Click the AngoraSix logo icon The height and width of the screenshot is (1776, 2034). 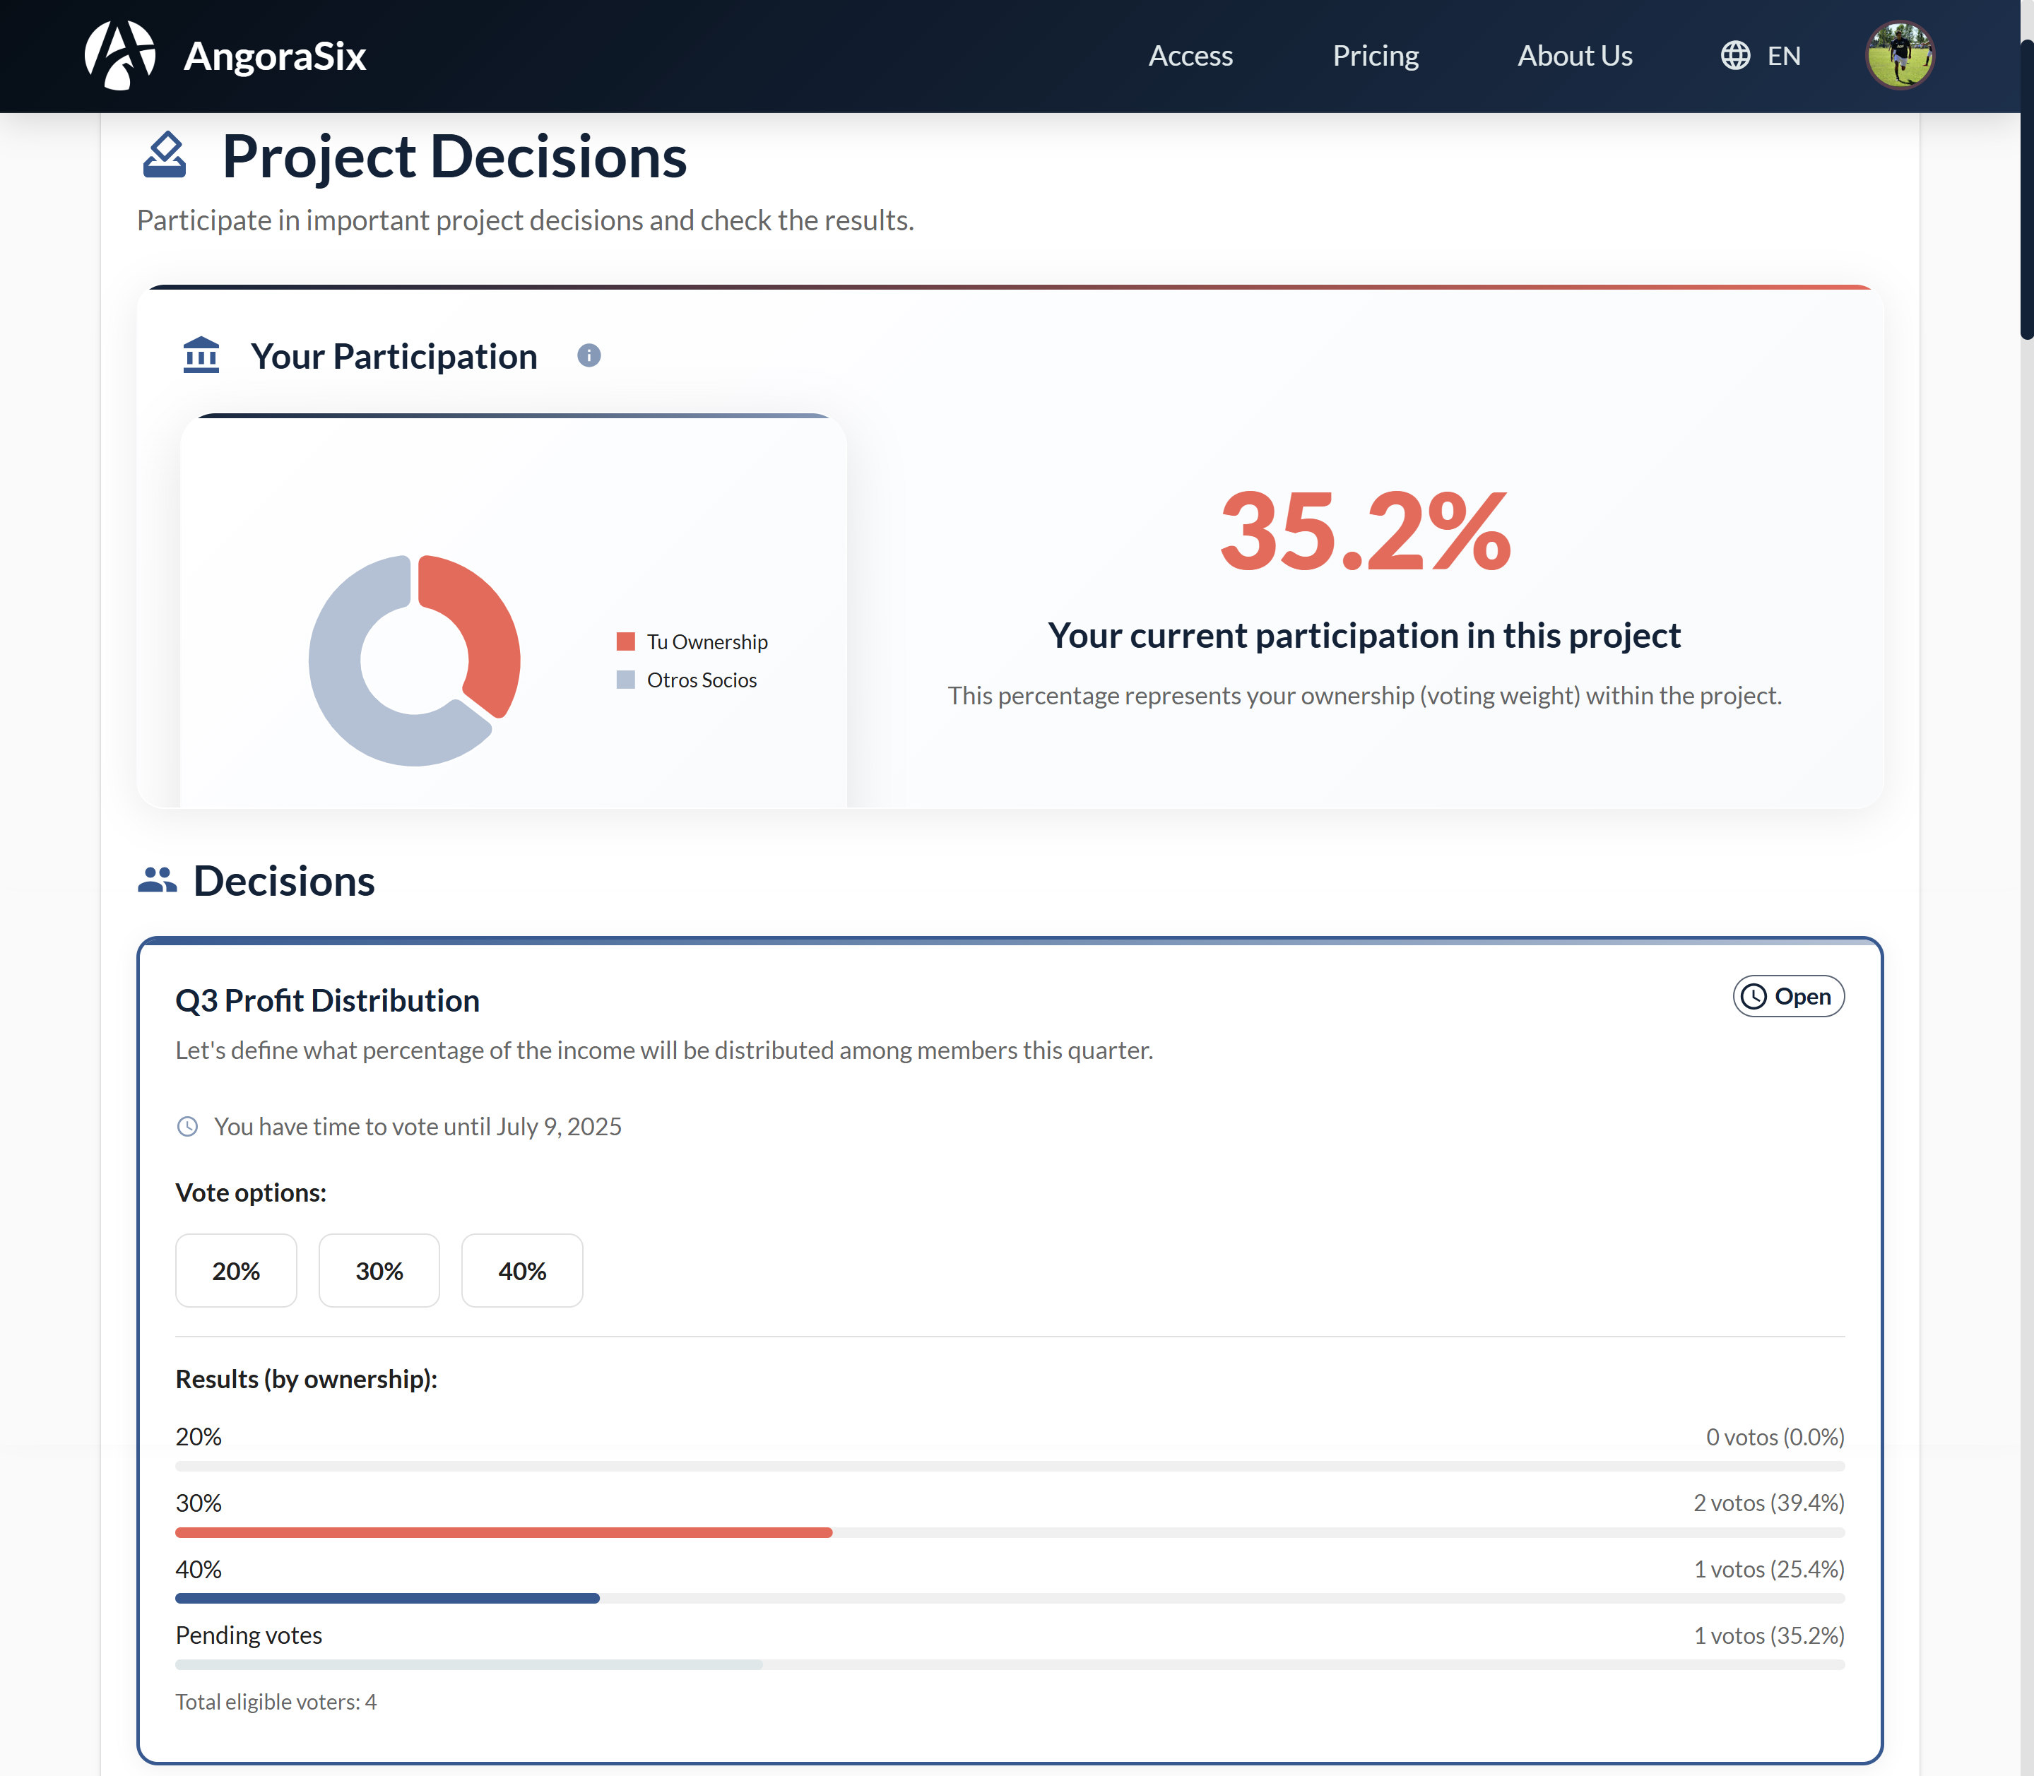point(120,56)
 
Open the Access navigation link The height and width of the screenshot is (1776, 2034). point(1190,56)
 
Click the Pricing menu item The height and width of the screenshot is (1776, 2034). point(1375,56)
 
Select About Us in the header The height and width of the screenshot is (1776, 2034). point(1574,56)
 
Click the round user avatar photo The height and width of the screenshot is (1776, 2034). point(1899,56)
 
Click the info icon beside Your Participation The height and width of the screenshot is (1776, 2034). point(589,356)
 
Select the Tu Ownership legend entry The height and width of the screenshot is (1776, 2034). point(694,642)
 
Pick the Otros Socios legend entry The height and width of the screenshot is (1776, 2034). point(688,680)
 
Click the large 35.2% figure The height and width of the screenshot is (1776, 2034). point(1365,532)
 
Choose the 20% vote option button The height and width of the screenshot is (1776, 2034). point(236,1271)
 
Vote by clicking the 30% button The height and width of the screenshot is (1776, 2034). point(379,1271)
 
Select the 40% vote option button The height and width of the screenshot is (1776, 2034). point(521,1271)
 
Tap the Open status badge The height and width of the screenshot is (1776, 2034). point(1787,996)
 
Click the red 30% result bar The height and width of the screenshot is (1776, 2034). point(504,1532)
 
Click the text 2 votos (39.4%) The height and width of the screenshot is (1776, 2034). point(1768,1503)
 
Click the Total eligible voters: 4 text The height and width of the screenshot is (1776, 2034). point(276,1702)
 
